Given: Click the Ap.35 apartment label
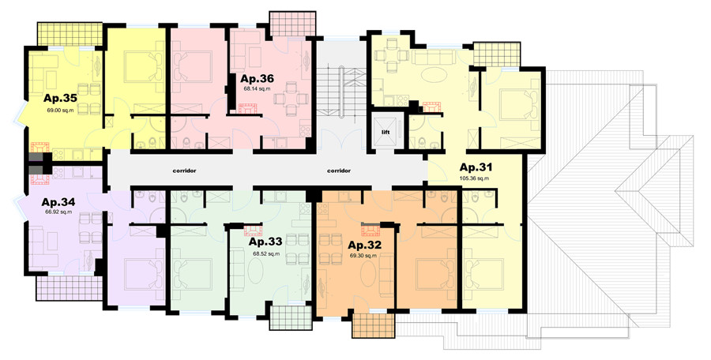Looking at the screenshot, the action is click(60, 99).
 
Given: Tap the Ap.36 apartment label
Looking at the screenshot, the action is click(257, 78).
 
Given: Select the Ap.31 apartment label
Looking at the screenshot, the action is click(476, 167).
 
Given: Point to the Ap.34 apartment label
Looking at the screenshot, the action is click(58, 202).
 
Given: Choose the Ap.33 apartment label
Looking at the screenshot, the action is click(265, 242).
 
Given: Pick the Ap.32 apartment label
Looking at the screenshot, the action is click(364, 246).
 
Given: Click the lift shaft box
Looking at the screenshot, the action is click(386, 132).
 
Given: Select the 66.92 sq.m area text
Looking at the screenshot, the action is click(58, 212).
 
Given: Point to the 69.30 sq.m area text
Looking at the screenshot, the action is click(363, 256).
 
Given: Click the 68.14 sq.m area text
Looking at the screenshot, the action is click(257, 89).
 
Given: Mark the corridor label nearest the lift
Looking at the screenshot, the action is click(339, 171).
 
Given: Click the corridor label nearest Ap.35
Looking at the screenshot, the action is click(184, 171).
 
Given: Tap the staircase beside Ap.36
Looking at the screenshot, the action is click(340, 92).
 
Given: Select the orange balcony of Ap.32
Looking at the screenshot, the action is click(374, 325).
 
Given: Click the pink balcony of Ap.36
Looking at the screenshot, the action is click(292, 24).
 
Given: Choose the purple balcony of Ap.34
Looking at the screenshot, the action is click(70, 288).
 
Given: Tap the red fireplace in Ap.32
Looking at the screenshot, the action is click(371, 231).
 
